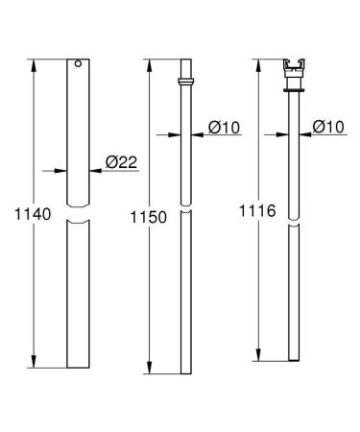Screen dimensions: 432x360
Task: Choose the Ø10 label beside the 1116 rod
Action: (x=328, y=126)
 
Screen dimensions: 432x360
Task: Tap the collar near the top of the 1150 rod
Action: (x=187, y=82)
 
